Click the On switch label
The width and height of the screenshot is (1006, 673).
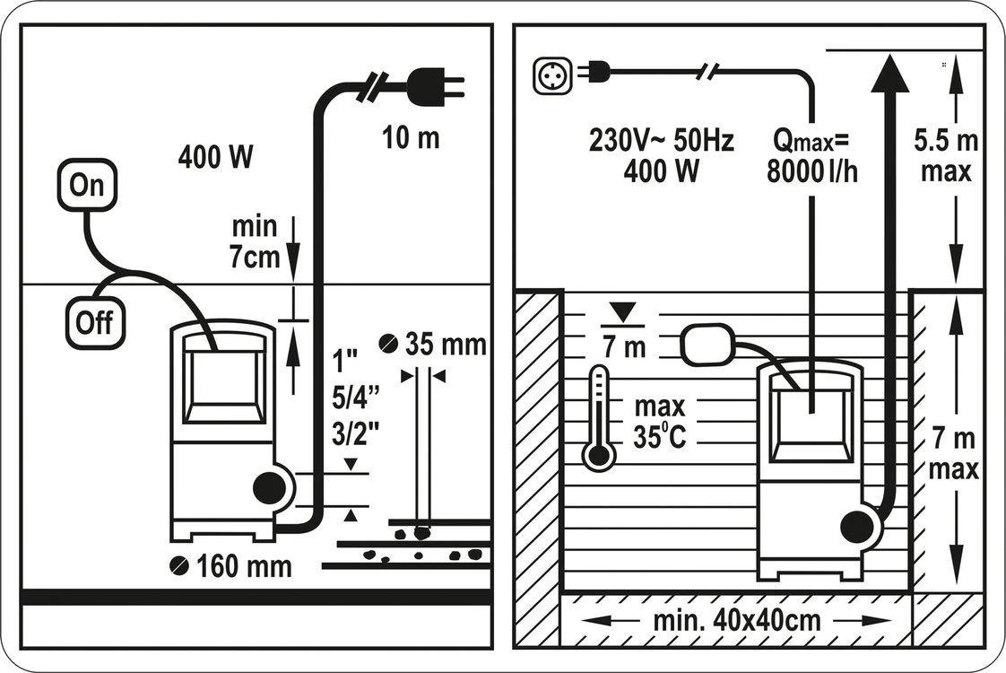[x=87, y=185]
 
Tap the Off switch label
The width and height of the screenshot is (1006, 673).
[x=95, y=322]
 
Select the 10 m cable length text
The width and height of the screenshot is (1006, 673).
[x=411, y=138]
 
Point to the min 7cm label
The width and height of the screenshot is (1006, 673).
[x=255, y=242]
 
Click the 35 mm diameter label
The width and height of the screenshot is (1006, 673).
[x=433, y=345]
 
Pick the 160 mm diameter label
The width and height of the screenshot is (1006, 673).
[x=231, y=566]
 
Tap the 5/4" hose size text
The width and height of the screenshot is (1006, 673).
[x=355, y=398]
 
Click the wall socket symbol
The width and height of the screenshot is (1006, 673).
[x=551, y=75]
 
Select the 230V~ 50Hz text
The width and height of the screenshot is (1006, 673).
[x=661, y=141]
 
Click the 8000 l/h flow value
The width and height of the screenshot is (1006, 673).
[x=812, y=171]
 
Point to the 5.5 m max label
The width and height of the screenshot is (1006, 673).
[x=946, y=156]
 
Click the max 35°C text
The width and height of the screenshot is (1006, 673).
[x=660, y=422]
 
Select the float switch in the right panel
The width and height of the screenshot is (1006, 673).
[x=707, y=345]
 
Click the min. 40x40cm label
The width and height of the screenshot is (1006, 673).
[x=736, y=621]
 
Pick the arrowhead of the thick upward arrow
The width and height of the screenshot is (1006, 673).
[x=889, y=74]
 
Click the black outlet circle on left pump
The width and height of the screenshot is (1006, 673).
[x=270, y=489]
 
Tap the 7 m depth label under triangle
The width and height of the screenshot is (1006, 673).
[x=624, y=347]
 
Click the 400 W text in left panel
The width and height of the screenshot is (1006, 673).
[x=215, y=157]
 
